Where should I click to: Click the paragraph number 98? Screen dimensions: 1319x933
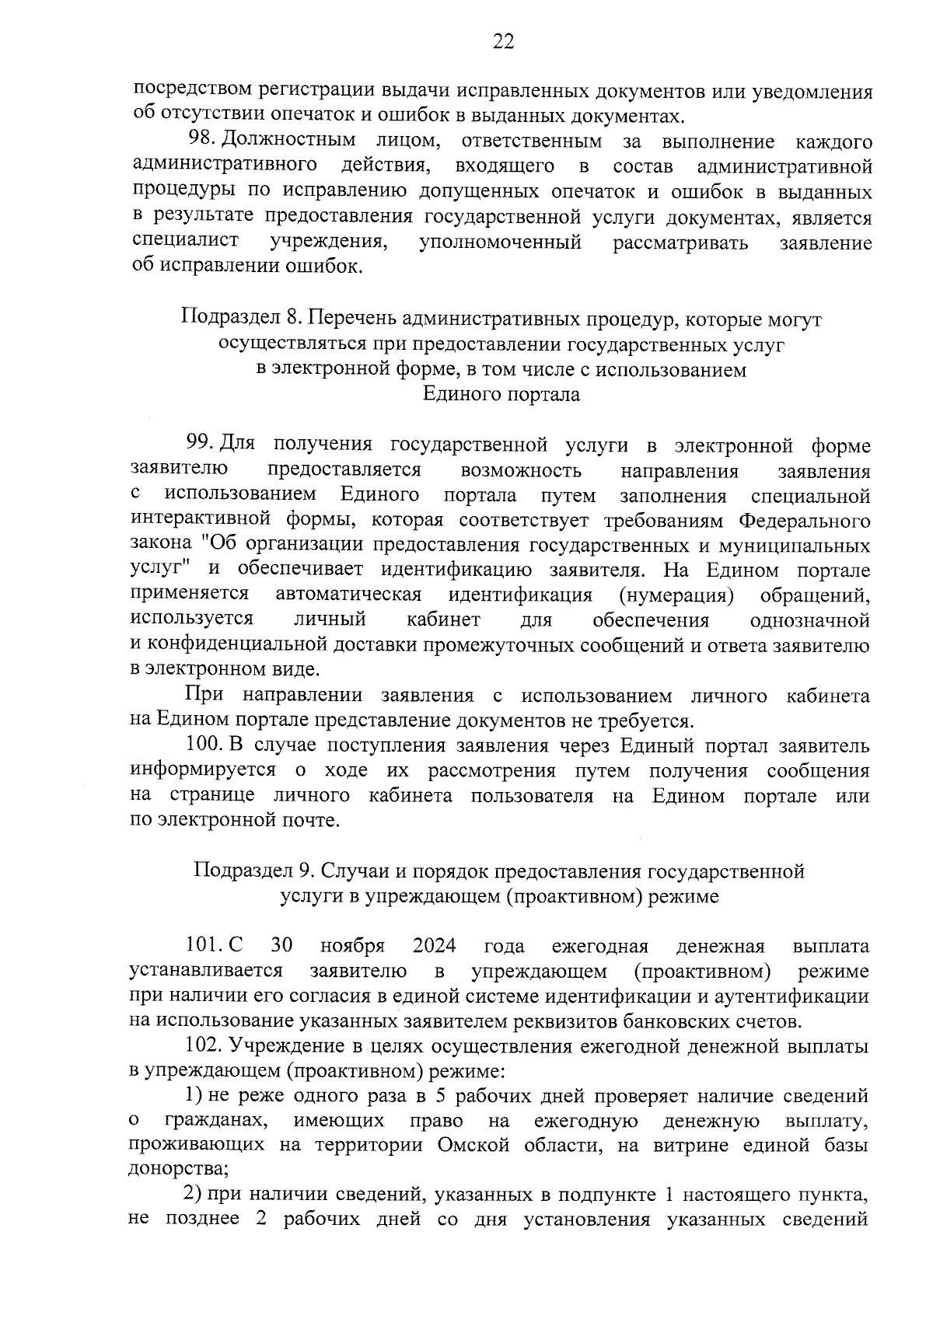pos(202,141)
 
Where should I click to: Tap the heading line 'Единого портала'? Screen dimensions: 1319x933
pos(501,394)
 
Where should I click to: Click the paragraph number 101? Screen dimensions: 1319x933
pos(205,947)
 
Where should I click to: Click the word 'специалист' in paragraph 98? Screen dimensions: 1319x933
pos(186,242)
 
